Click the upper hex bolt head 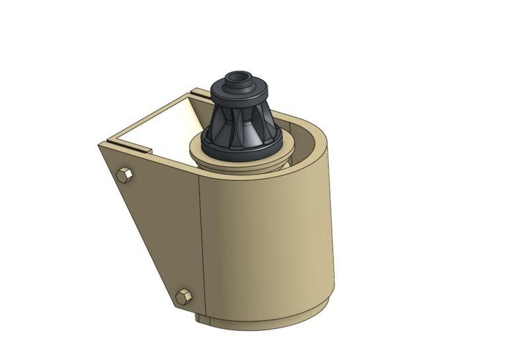[124, 175]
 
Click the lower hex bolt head [184, 296]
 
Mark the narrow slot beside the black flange [199, 91]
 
